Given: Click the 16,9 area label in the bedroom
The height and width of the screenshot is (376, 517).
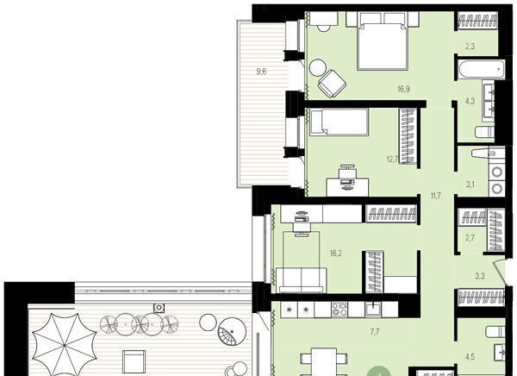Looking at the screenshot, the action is [403, 89].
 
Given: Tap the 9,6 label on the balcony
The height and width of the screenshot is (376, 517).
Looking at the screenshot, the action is [261, 72].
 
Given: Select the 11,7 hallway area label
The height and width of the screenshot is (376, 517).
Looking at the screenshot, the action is [435, 196].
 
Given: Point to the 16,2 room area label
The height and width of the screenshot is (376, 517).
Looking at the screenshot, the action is [336, 254].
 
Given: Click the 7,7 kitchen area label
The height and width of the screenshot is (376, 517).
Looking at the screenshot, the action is [374, 332].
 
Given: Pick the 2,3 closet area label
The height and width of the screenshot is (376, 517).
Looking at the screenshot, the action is [470, 47].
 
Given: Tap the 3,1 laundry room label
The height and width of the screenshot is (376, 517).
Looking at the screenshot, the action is [470, 185].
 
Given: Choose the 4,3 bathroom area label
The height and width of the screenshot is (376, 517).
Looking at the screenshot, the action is [470, 101].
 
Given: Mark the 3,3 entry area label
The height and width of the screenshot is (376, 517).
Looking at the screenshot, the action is [480, 276].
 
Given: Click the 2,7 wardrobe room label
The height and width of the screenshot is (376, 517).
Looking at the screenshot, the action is [470, 237].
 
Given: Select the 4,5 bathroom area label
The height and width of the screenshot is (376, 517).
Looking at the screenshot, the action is [470, 357].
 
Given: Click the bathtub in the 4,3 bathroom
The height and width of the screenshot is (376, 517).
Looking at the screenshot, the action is [481, 69].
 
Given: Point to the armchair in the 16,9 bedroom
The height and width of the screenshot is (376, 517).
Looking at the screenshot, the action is [332, 84].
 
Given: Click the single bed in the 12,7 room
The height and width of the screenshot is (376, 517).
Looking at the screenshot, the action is [339, 122].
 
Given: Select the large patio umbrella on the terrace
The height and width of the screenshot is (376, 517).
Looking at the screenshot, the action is [65, 345].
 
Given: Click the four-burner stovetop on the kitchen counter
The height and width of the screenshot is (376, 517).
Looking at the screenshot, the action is [339, 310].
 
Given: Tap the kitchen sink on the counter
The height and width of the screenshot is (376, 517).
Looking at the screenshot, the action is [373, 310].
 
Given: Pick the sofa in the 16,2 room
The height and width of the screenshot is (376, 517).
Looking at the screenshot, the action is [302, 280].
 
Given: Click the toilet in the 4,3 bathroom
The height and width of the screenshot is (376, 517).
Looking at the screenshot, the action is [484, 132].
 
